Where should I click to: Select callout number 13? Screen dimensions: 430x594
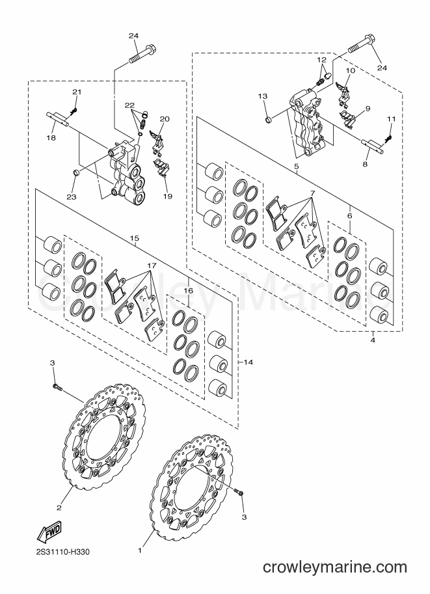(x=263, y=96)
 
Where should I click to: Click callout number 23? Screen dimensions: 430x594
(x=72, y=196)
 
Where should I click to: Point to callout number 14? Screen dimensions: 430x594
(x=248, y=362)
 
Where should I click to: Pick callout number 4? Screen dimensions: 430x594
(x=373, y=340)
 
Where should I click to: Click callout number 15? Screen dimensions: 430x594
(x=135, y=238)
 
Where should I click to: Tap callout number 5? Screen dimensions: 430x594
(x=296, y=167)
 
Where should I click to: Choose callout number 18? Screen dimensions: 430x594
(x=51, y=138)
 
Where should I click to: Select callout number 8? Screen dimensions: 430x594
(x=365, y=165)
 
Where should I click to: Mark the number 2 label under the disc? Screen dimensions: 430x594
(x=59, y=507)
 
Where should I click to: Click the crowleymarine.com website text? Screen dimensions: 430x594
(x=335, y=567)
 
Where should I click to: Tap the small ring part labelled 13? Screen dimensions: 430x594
(x=268, y=120)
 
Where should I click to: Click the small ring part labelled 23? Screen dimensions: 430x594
(x=75, y=173)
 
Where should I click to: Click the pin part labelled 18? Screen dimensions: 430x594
(x=58, y=118)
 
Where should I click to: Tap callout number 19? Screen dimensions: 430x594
(x=168, y=196)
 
